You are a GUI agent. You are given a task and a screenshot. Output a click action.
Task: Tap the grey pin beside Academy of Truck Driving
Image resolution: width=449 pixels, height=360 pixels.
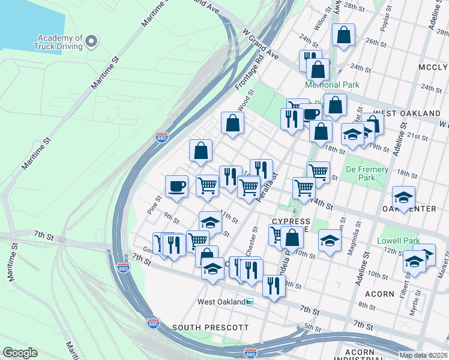pos(91,41)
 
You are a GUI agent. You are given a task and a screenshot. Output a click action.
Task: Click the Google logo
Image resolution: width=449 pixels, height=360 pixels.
pos(20,353)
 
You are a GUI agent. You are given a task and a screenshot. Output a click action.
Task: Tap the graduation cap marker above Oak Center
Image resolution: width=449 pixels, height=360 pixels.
pos(403,196)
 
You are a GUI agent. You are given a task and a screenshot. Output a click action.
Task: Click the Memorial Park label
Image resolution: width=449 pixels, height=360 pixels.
pos(332,85)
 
